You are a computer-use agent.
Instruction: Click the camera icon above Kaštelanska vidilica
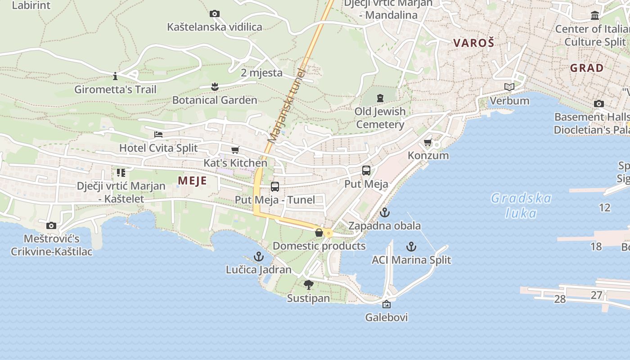click(x=215, y=14)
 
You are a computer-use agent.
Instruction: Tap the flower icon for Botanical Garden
click(x=215, y=86)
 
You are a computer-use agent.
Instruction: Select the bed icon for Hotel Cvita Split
click(x=158, y=134)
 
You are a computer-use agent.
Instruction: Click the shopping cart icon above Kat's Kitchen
click(x=235, y=150)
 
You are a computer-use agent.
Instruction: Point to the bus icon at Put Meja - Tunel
click(x=274, y=186)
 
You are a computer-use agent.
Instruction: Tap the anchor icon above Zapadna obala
click(x=384, y=212)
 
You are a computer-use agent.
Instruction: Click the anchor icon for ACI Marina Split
click(x=411, y=246)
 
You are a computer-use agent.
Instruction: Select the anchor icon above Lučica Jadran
click(x=258, y=256)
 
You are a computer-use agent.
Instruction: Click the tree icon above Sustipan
click(x=308, y=284)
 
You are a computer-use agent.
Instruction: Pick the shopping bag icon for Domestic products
click(x=319, y=233)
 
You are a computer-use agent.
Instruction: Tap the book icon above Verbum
click(x=509, y=87)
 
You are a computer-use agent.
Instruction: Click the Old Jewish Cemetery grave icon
click(x=380, y=98)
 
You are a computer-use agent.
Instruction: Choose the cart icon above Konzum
click(x=427, y=143)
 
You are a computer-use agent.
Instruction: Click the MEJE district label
click(x=192, y=181)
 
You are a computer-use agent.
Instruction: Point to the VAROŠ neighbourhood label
click(x=473, y=43)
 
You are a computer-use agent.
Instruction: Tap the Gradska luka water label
click(x=521, y=205)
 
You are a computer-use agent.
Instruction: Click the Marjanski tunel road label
click(x=285, y=106)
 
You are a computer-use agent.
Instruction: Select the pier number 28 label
click(x=560, y=299)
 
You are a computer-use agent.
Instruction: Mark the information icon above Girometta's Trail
click(x=115, y=76)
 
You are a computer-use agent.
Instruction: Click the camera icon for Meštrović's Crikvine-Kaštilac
click(x=51, y=225)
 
